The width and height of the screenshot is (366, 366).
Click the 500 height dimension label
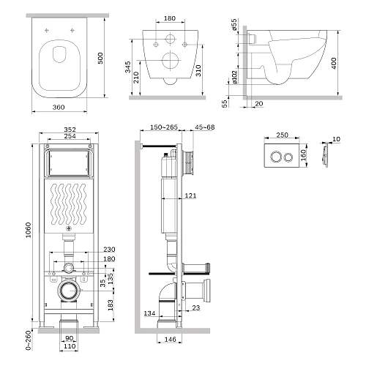click(x=100, y=58)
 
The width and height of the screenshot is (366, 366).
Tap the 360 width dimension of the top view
click(x=59, y=107)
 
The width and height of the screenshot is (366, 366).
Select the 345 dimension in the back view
click(x=127, y=67)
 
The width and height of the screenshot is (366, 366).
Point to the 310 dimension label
click(x=198, y=71)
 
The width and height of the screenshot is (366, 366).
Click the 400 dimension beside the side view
click(x=334, y=63)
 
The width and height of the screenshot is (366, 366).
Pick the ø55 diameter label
click(x=234, y=25)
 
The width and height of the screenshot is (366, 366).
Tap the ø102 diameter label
click(x=234, y=78)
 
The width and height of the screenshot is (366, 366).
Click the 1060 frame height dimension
click(x=29, y=230)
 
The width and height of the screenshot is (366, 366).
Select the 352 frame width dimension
click(x=70, y=130)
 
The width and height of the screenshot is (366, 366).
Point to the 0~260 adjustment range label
click(x=29, y=340)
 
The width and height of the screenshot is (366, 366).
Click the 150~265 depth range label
click(x=164, y=127)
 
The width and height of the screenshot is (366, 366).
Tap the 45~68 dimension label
click(x=205, y=127)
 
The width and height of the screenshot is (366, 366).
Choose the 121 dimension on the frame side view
click(x=190, y=195)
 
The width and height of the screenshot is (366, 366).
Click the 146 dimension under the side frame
click(x=170, y=340)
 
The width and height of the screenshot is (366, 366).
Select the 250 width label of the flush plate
click(x=282, y=135)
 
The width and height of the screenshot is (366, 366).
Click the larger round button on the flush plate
click(x=276, y=157)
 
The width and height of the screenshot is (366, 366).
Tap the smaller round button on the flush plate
click(x=288, y=157)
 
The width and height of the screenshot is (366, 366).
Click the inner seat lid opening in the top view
click(x=59, y=54)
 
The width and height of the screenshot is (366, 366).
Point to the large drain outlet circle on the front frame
click(x=69, y=290)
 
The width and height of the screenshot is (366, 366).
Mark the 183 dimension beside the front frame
click(x=111, y=305)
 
